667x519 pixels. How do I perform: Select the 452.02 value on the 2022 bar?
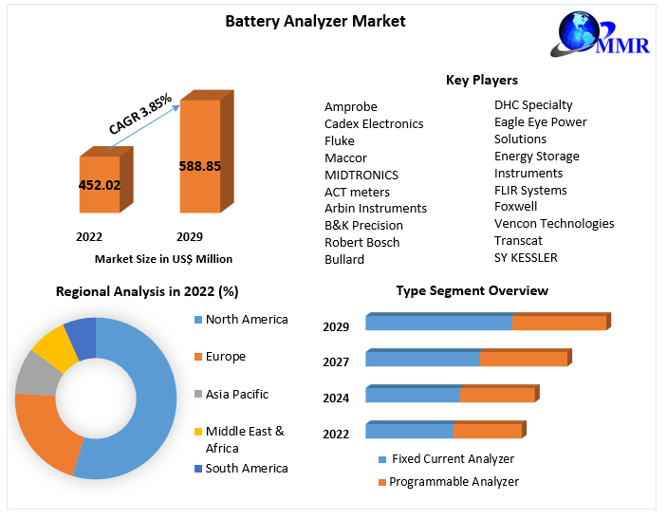click(100, 185)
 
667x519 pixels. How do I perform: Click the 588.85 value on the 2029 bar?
click(200, 166)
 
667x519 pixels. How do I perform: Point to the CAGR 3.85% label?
click(140, 114)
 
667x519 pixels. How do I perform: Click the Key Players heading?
click(482, 80)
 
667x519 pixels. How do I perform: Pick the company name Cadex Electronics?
click(374, 123)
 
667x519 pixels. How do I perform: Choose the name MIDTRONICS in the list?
click(361, 175)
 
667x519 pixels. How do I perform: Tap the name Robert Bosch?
click(362, 242)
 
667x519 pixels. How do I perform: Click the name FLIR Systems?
click(530, 190)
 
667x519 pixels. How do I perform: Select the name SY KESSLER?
click(526, 257)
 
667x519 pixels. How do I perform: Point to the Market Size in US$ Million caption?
click(163, 258)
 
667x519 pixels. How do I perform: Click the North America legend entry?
click(246, 320)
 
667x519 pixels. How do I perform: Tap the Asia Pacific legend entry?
click(236, 394)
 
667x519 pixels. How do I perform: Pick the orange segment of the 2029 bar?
click(558, 323)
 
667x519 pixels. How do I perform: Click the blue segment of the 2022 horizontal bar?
click(409, 431)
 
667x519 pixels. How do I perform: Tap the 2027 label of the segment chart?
click(336, 361)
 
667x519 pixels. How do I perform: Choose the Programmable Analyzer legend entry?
click(454, 482)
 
